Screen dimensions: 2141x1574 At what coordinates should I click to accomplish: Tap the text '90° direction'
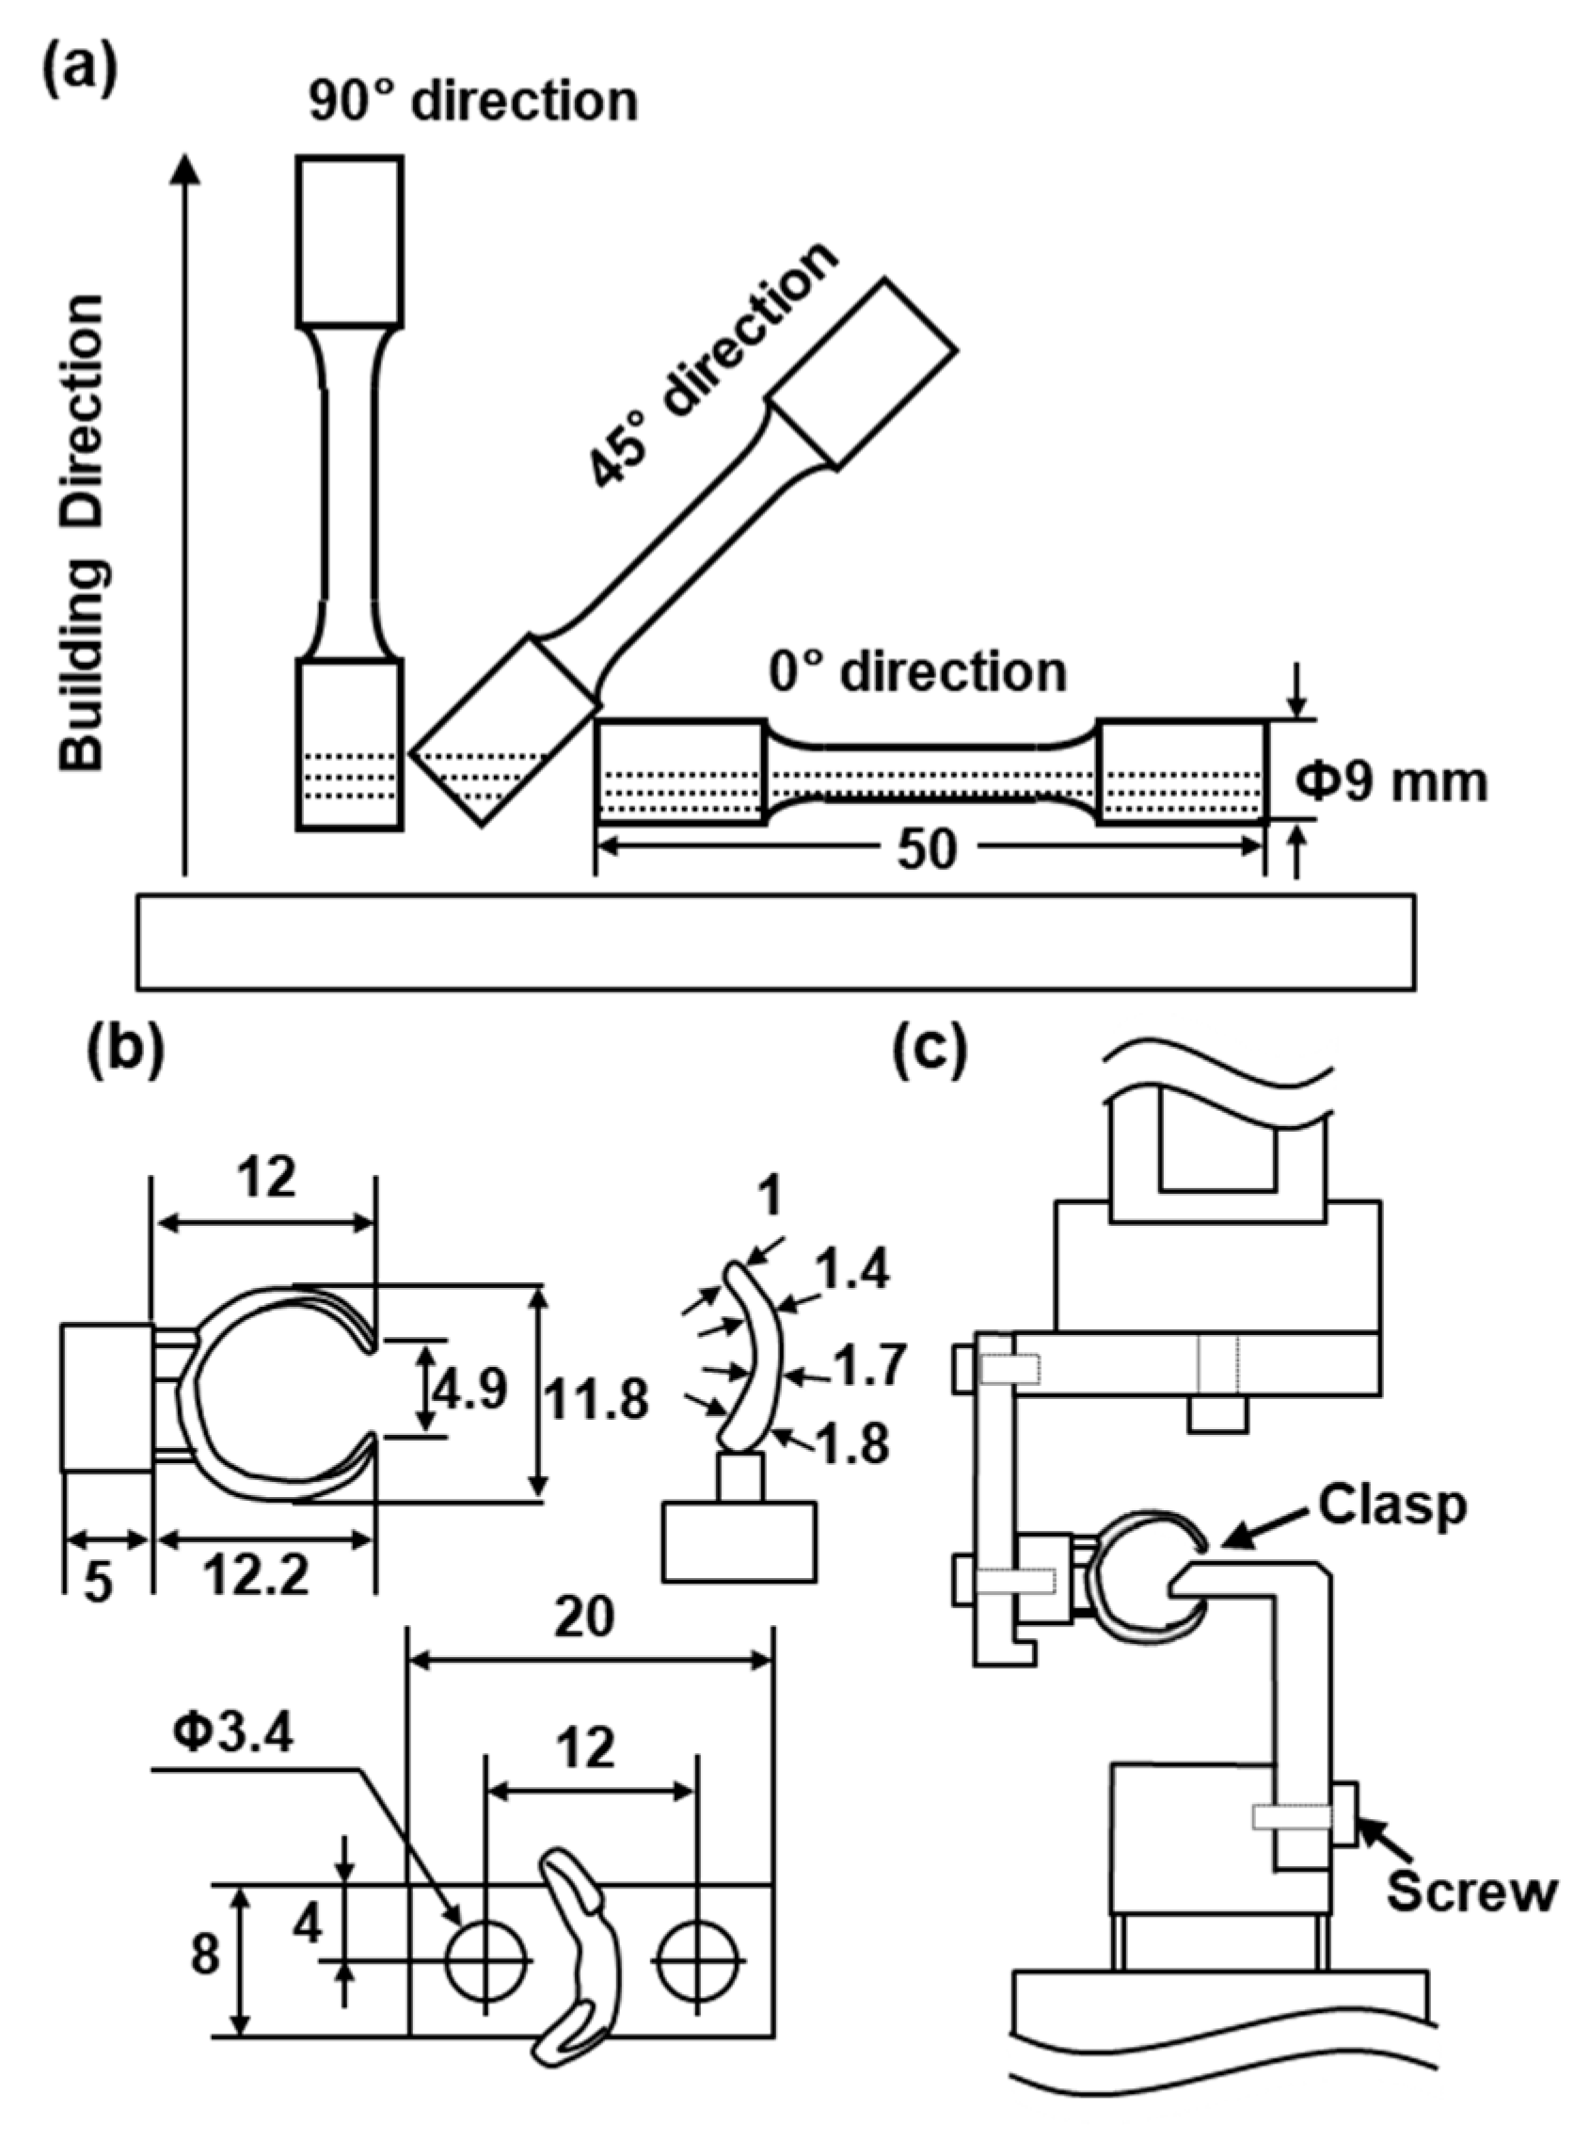[x=472, y=101]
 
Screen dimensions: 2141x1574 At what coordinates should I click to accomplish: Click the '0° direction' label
[x=917, y=672]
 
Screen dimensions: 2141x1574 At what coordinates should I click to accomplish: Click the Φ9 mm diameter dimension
[x=1392, y=782]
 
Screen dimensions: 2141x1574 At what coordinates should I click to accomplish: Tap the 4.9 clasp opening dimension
[x=469, y=1392]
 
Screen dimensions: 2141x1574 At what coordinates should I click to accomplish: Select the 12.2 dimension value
[x=257, y=1577]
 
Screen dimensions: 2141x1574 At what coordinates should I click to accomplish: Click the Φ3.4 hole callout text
[x=234, y=1733]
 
